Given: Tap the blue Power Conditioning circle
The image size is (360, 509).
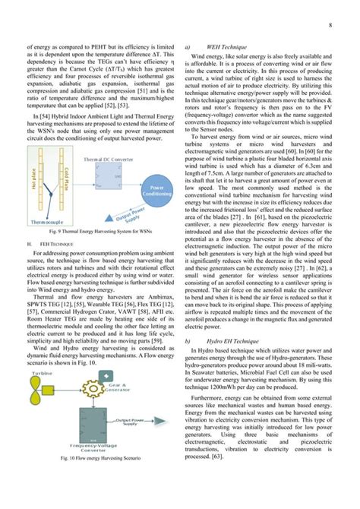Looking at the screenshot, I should click(x=156, y=188).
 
